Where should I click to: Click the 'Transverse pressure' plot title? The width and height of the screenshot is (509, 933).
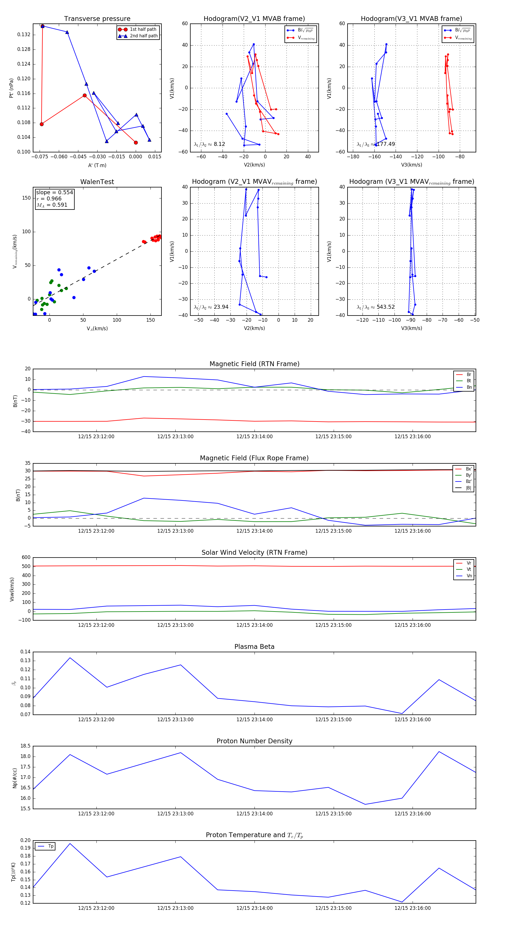[97, 19]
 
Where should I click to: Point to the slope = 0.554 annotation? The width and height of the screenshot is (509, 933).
[54, 192]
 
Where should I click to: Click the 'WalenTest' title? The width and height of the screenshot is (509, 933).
[97, 182]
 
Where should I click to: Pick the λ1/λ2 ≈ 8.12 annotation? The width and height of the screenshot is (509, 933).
[209, 144]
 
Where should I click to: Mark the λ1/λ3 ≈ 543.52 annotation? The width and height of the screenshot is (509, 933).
[376, 307]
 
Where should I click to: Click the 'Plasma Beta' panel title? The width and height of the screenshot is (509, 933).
[254, 647]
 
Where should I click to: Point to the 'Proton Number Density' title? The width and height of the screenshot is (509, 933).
[254, 741]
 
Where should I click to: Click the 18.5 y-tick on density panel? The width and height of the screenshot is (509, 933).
[25, 746]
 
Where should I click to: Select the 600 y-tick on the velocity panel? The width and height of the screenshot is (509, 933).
[26, 558]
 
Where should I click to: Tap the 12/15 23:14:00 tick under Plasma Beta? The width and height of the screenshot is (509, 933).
[254, 720]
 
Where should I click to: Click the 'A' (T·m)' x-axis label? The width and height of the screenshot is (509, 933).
[97, 165]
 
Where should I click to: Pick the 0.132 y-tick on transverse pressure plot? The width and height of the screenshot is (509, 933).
[24, 35]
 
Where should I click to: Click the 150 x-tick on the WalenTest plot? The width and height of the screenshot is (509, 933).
[150, 320]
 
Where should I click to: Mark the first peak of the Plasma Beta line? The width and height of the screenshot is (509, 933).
[70, 658]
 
